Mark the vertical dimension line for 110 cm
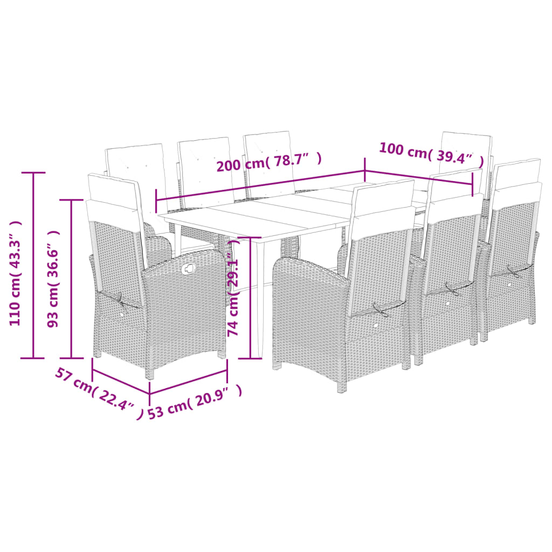coord(34,265)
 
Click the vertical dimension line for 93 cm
coord(72,279)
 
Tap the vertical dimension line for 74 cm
coord(251,297)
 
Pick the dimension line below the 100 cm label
coord(419,178)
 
